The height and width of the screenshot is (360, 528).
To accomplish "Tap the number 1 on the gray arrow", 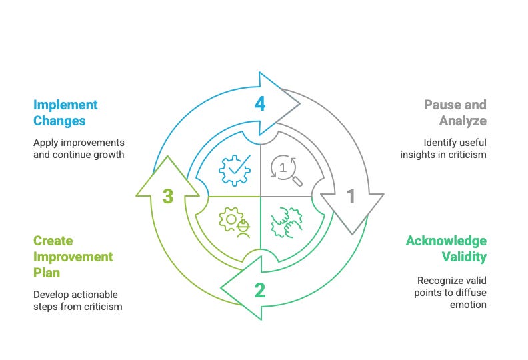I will (x=351, y=196).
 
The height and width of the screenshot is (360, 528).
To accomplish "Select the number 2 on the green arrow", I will (x=260, y=289).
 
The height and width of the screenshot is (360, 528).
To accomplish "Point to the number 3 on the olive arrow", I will (x=168, y=197).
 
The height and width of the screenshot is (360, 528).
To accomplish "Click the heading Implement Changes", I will (x=65, y=113).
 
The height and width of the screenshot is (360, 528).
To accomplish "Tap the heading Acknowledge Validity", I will (x=446, y=249).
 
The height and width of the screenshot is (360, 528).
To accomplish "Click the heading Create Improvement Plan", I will (x=73, y=257).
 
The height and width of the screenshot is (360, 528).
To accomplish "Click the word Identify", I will (x=440, y=142).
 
